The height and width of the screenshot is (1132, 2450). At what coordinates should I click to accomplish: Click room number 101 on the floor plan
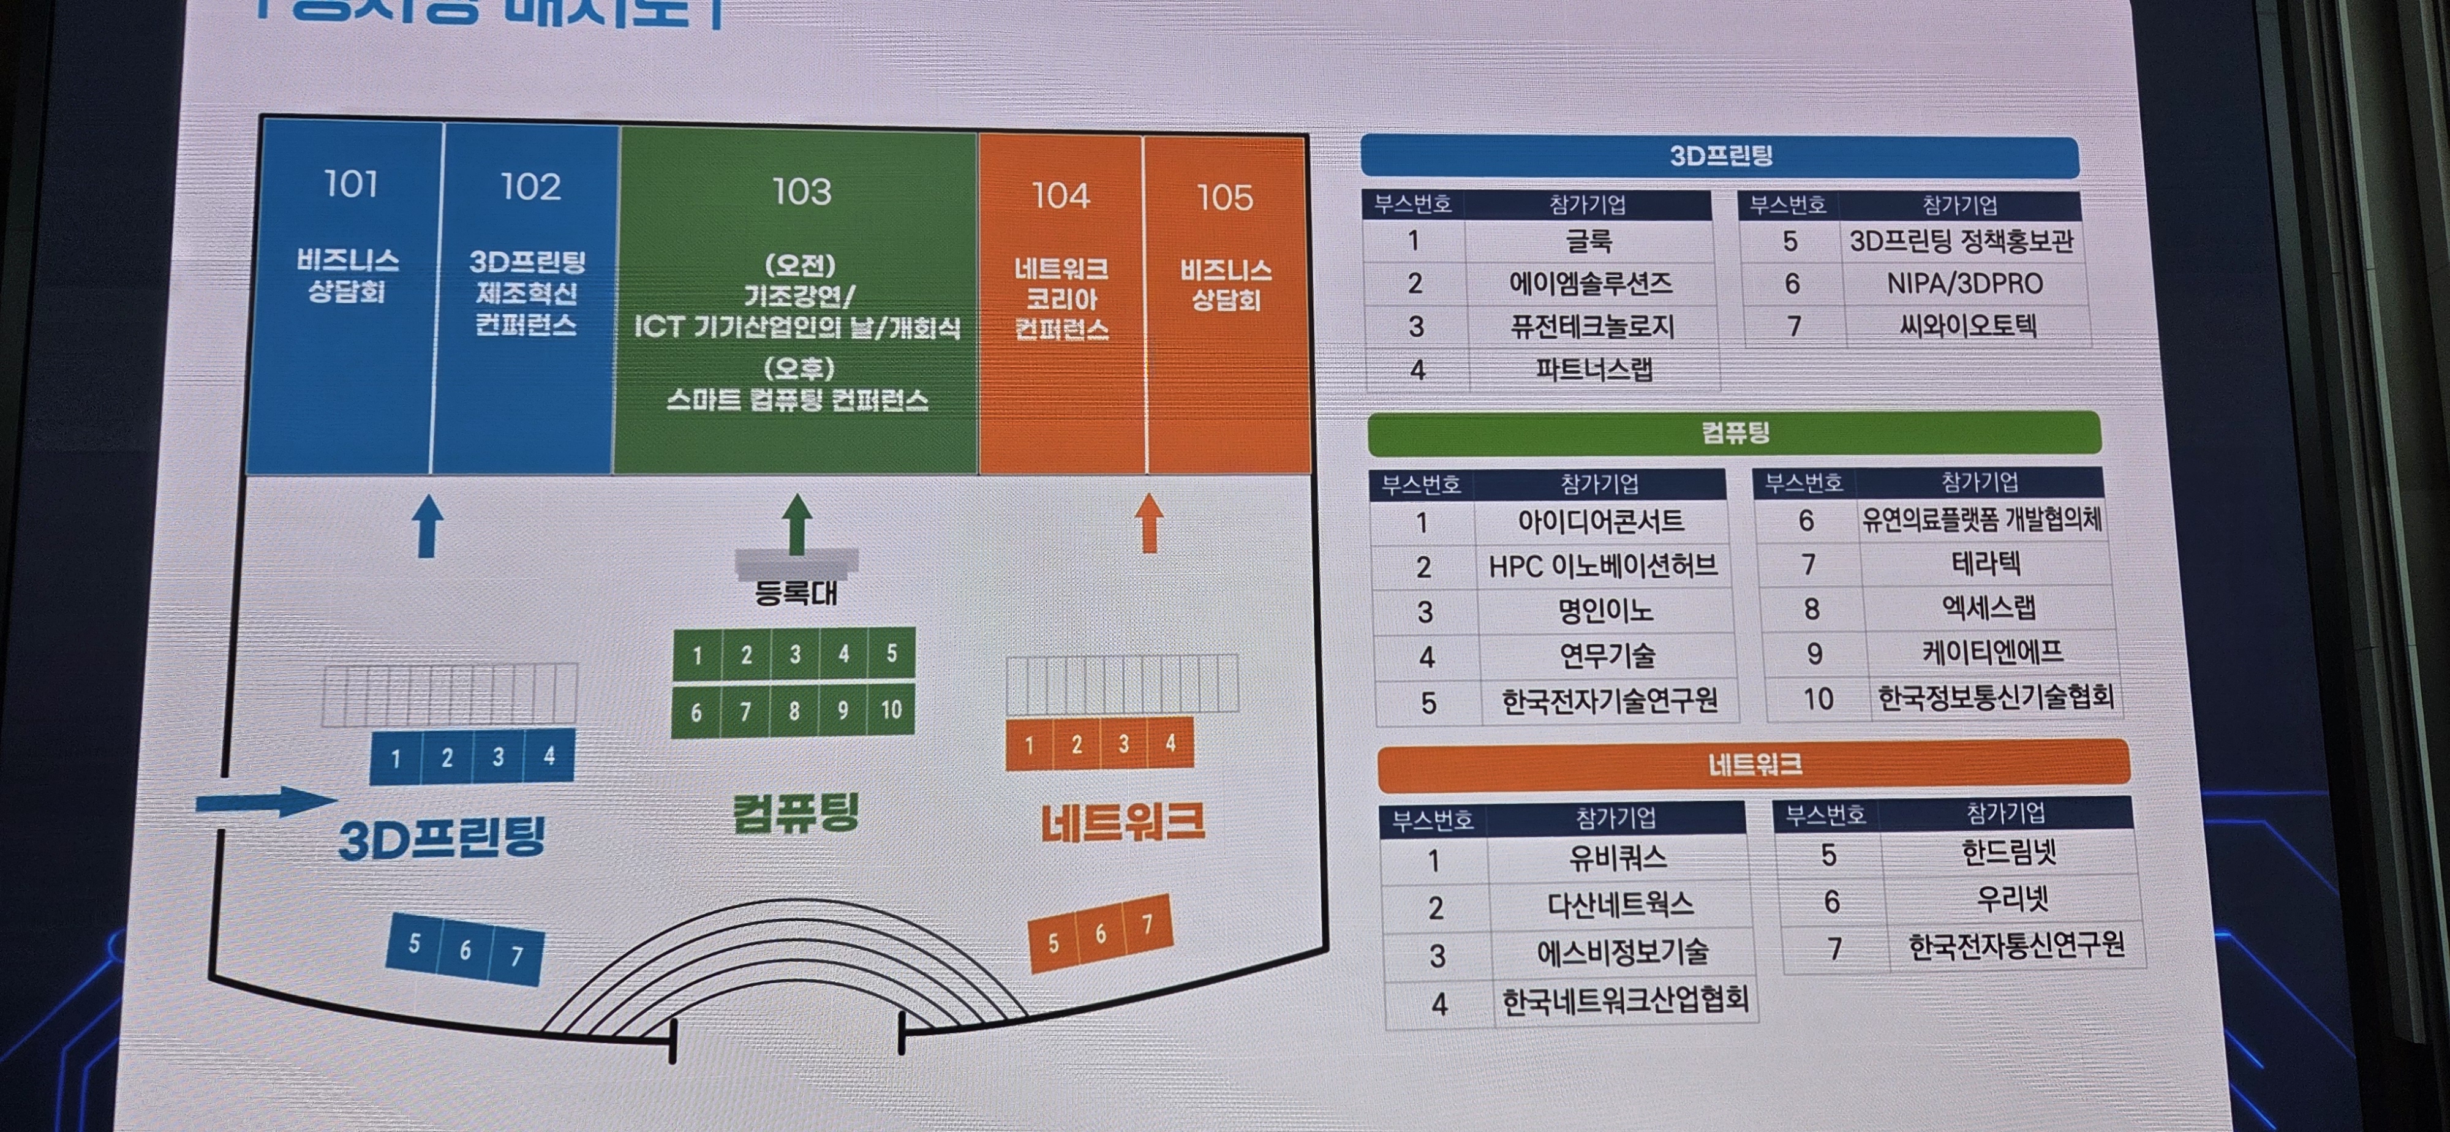[351, 184]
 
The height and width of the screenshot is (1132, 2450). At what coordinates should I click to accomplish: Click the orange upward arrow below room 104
[1149, 523]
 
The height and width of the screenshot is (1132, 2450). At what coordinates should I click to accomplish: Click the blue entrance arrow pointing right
[266, 802]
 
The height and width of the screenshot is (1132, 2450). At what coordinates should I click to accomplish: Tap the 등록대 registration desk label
[796, 592]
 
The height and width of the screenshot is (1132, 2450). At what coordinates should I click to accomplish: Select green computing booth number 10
[890, 709]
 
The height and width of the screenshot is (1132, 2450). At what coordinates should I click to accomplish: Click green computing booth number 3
[795, 654]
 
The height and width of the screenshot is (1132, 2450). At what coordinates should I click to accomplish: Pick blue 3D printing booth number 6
[465, 949]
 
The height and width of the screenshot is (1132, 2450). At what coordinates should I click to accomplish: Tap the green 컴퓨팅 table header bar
[1734, 434]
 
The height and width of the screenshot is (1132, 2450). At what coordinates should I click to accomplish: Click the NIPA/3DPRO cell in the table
[1965, 284]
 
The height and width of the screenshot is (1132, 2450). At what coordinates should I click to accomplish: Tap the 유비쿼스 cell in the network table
[1617, 859]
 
